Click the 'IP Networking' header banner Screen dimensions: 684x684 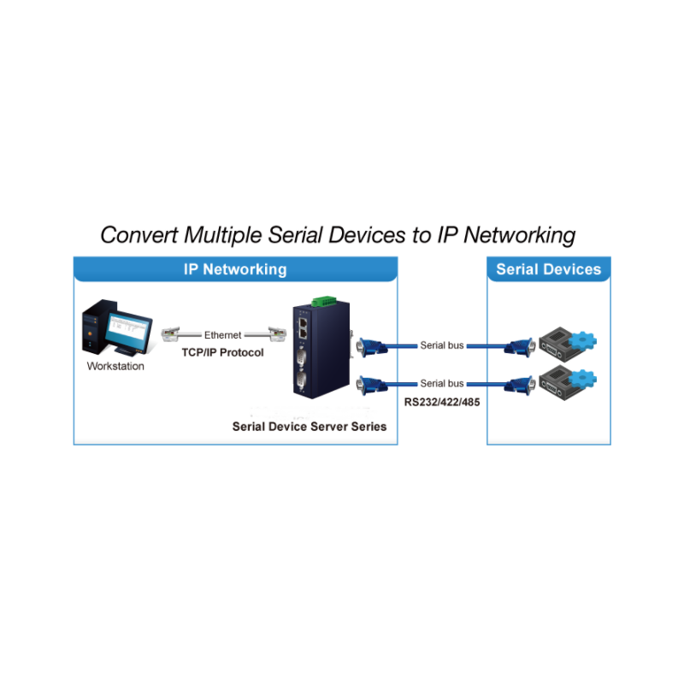tap(235, 269)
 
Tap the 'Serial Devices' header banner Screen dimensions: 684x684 tap(548, 269)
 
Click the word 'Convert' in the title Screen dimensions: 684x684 tap(139, 235)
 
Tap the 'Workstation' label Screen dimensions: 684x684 tap(115, 367)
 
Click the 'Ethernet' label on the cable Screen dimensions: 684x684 tap(222, 336)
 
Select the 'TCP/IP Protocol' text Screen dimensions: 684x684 tap(222, 352)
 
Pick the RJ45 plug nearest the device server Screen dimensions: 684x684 tap(275, 334)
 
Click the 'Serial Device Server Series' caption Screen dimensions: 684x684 tap(310, 426)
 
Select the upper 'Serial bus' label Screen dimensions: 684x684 tap(442, 346)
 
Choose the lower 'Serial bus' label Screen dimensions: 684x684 tap(442, 384)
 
